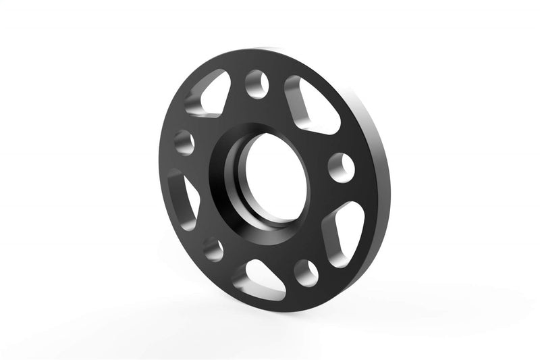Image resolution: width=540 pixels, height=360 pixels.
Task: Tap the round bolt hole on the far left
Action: pos(184,143)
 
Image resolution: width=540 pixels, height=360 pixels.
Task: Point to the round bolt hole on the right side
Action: pos(342,166)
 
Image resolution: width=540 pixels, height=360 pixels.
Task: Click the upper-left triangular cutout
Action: pos(209,97)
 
